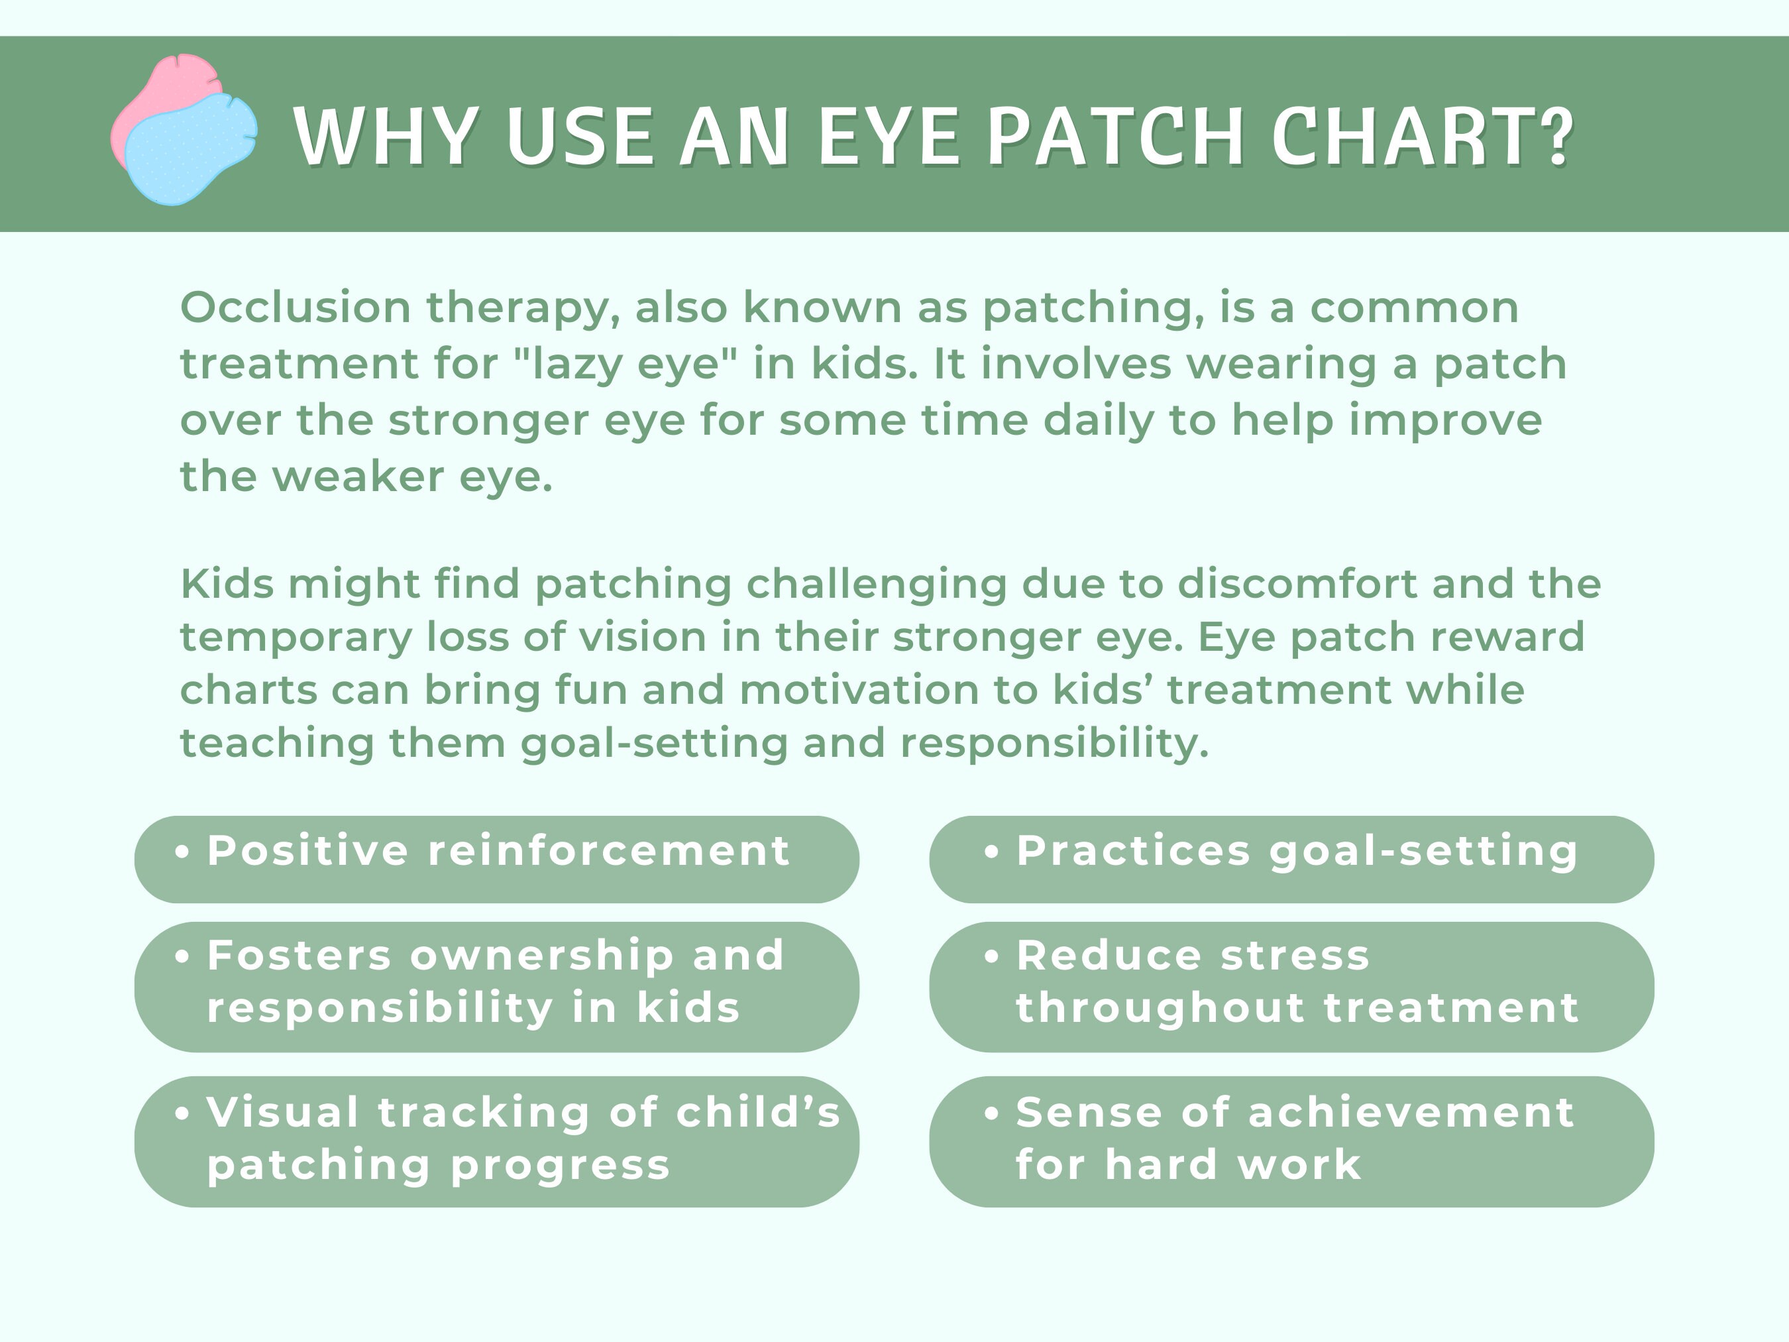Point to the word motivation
888,690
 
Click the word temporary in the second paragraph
296,638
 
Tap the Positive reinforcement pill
496,859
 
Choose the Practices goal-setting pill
1291,859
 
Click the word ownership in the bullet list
542,956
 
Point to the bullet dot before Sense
991,1114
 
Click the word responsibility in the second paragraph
1054,743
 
